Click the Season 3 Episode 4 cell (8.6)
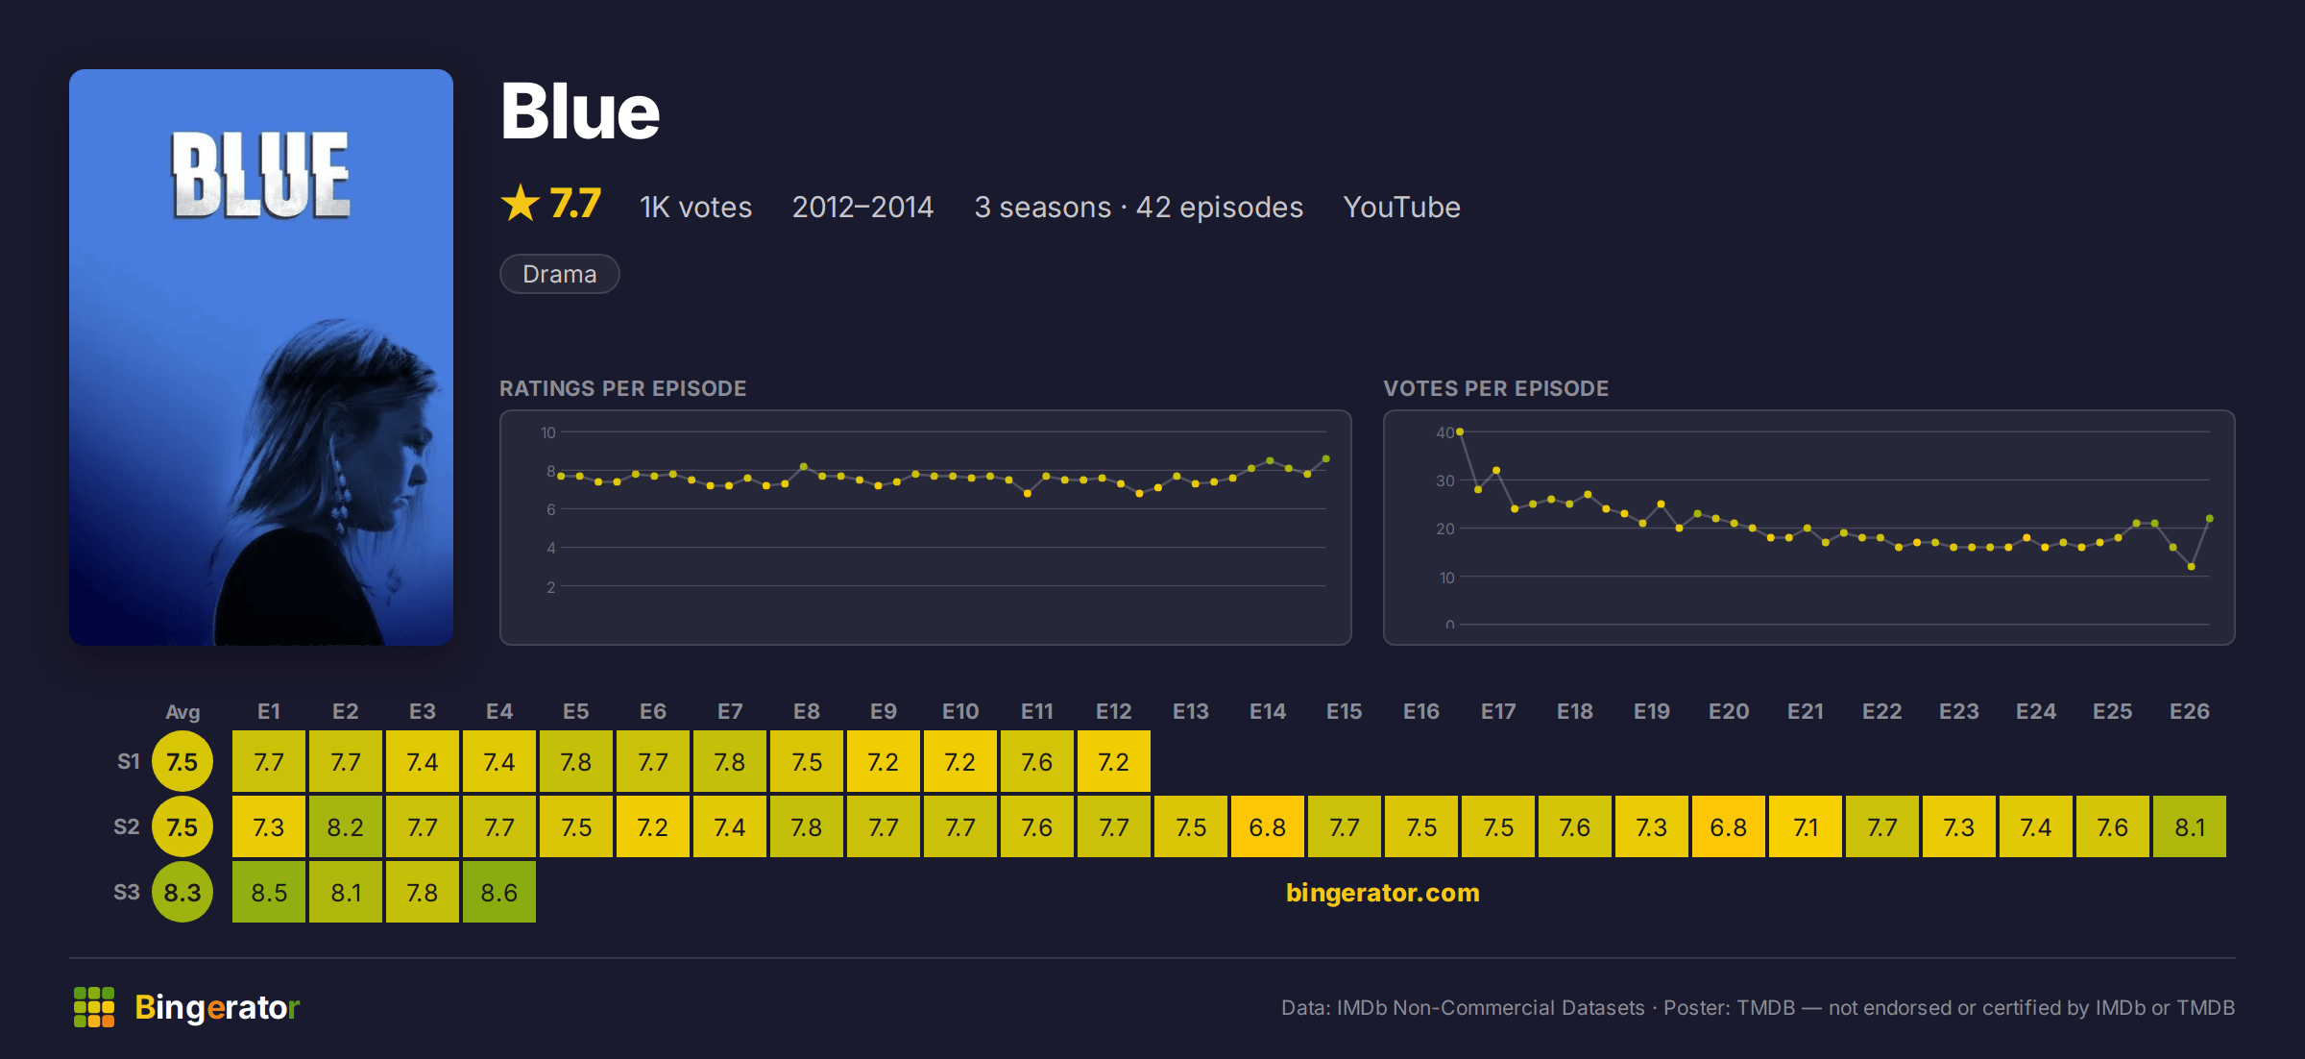click(499, 892)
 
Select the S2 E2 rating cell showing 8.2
click(346, 826)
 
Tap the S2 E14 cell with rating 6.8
click(1268, 826)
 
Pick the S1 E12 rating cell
click(1114, 761)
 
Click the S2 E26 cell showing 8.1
click(2190, 826)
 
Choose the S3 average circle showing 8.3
click(182, 892)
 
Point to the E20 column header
click(1729, 711)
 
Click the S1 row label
click(129, 761)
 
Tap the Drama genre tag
click(560, 274)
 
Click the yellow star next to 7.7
click(521, 203)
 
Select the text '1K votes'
click(696, 207)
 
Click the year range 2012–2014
click(862, 207)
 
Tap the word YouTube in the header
click(1401, 207)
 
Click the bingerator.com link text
click(1383, 892)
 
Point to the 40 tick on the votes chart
click(1444, 432)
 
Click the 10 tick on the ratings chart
click(548, 432)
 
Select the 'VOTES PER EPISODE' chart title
click(1495, 388)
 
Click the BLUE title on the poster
click(261, 176)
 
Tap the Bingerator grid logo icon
click(94, 1007)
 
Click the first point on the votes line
click(1460, 432)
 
